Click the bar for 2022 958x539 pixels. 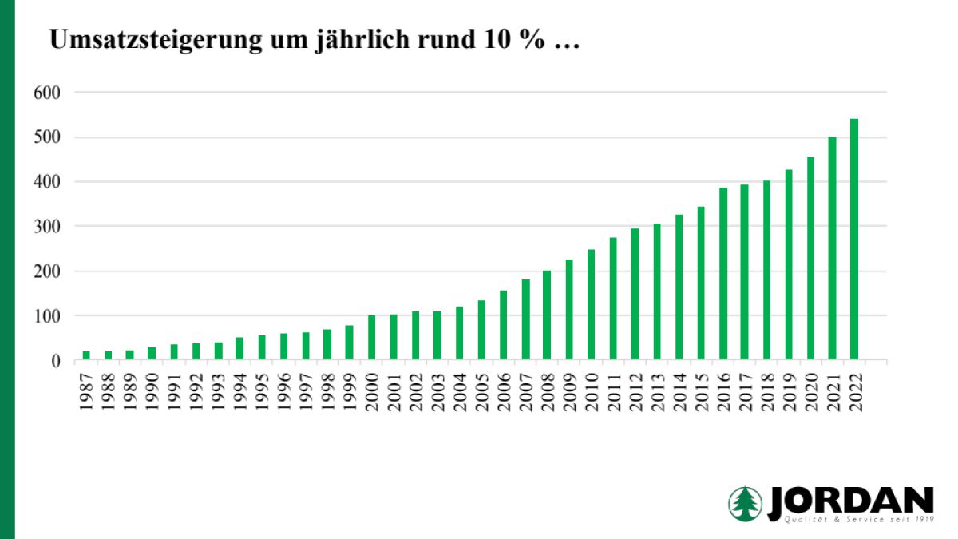[x=854, y=240]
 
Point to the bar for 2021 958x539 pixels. [x=832, y=248]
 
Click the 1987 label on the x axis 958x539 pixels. [x=86, y=391]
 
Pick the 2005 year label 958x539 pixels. [x=481, y=391]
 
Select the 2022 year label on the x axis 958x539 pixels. [x=855, y=391]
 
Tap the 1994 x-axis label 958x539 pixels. [x=239, y=391]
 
